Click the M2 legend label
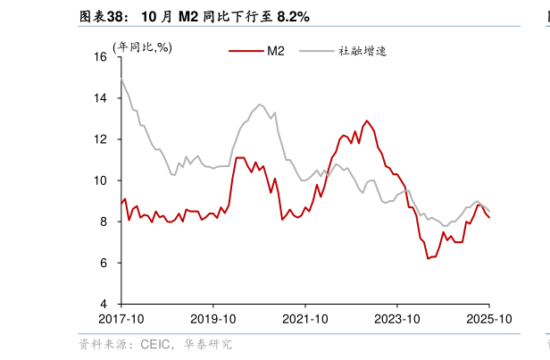275,51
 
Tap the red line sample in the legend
246,51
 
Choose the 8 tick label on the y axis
104,222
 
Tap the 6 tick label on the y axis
104,263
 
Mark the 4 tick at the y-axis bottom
104,304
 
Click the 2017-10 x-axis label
121,318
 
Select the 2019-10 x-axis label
212,318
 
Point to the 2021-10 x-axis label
304,318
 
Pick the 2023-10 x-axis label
396,318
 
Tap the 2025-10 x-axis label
487,318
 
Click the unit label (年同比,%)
142,47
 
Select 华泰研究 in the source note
207,344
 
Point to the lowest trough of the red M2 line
429,258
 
